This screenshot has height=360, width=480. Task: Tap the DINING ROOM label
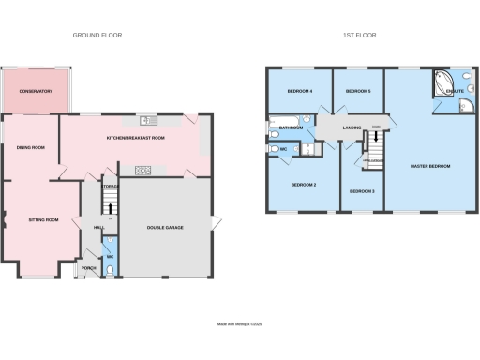click(31, 147)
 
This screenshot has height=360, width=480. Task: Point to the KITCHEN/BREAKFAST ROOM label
click(136, 138)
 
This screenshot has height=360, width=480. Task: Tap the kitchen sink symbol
click(148, 121)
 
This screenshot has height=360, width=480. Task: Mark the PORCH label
click(89, 268)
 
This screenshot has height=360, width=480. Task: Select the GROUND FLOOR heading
click(97, 35)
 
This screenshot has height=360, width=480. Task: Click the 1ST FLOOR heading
click(361, 35)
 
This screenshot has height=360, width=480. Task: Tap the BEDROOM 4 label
click(299, 91)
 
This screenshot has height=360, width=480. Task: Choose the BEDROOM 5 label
click(358, 91)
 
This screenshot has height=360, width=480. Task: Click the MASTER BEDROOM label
click(430, 166)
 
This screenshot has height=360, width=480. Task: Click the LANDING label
click(352, 127)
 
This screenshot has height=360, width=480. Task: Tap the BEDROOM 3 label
click(362, 191)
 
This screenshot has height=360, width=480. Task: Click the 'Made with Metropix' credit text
click(240, 324)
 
